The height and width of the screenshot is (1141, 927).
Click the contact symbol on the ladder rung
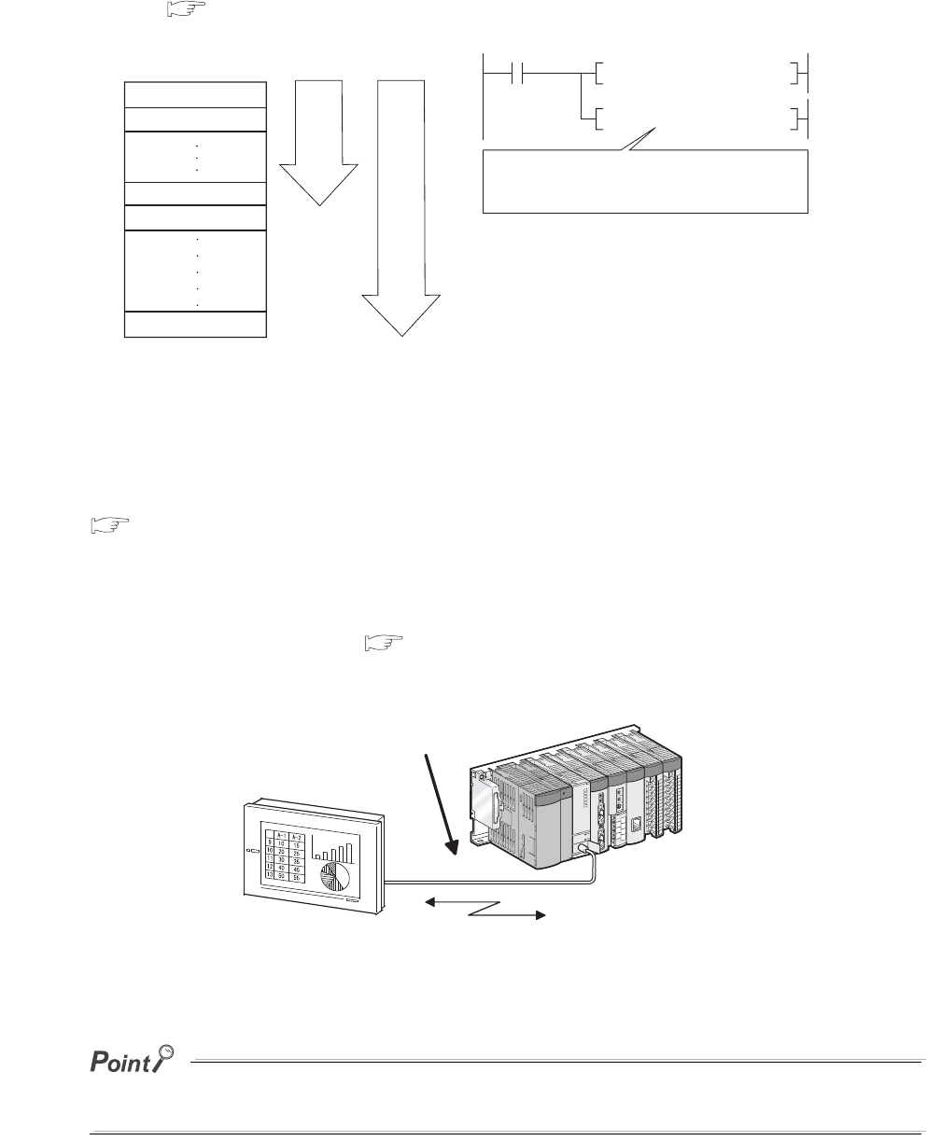[515, 71]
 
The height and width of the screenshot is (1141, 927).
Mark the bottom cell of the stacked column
[195, 326]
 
